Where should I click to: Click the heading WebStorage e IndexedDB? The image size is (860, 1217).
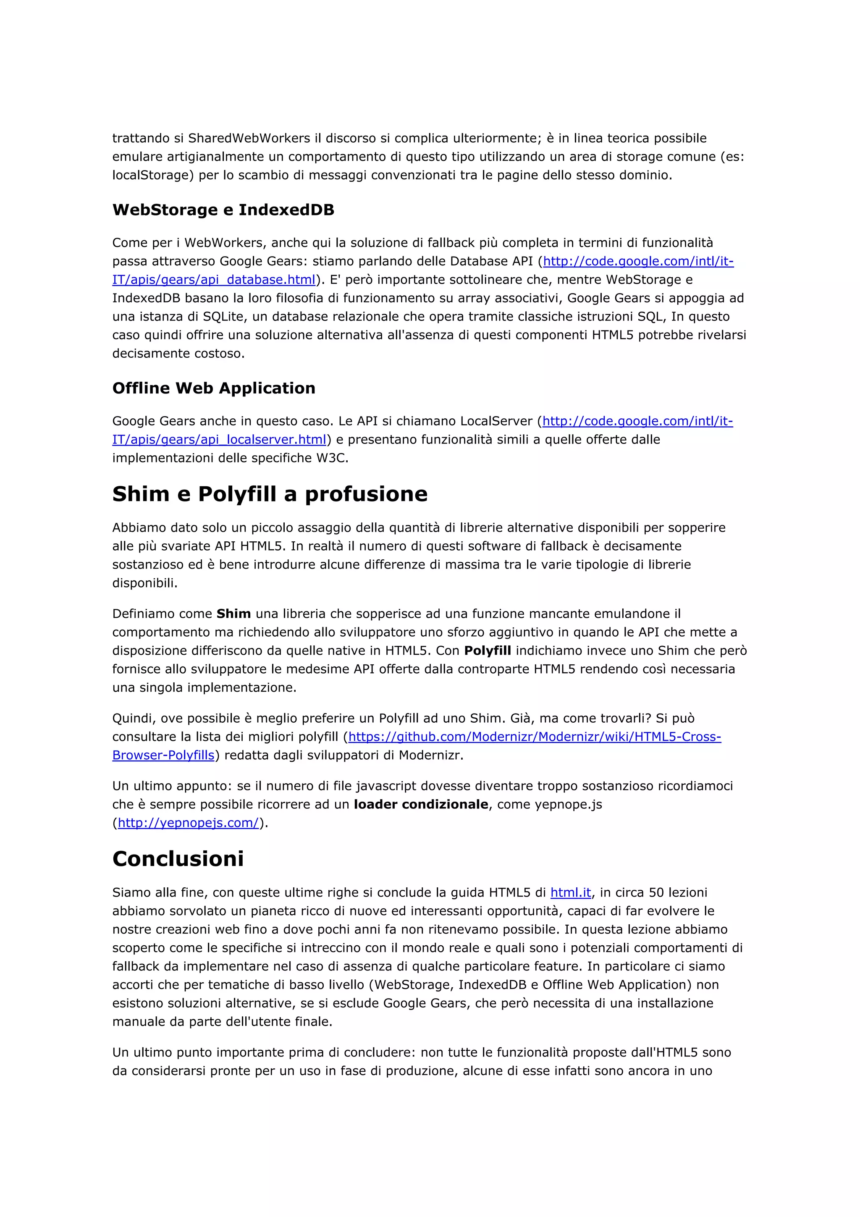[x=223, y=210]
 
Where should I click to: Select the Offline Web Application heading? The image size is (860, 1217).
[x=214, y=388]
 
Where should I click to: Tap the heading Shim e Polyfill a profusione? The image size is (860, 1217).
[x=270, y=494]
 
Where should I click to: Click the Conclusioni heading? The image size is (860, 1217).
[x=178, y=859]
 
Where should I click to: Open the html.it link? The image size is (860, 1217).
[x=570, y=893]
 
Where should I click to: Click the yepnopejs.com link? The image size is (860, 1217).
[x=188, y=823]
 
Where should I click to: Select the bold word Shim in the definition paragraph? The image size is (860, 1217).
[x=233, y=614]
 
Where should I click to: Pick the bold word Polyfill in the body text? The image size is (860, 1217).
[x=487, y=650]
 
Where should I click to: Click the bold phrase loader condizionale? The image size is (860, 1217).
[x=421, y=804]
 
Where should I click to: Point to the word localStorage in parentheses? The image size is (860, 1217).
[x=151, y=175]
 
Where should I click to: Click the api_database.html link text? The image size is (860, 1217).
[x=214, y=279]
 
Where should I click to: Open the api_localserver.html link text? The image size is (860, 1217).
[x=219, y=439]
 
